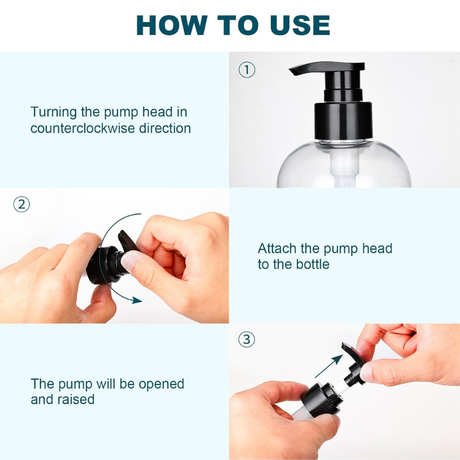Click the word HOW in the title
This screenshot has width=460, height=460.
[172, 25]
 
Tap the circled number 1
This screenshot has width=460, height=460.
[247, 70]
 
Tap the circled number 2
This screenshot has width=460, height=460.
[22, 205]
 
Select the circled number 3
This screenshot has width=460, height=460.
[247, 339]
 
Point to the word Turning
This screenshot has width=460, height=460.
[53, 112]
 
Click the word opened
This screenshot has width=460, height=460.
[162, 384]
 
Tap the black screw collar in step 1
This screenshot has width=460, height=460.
[343, 121]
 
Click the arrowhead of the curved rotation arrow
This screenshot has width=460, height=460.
[137, 300]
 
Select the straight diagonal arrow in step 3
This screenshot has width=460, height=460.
[328, 366]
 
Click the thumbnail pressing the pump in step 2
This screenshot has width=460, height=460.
[129, 260]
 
